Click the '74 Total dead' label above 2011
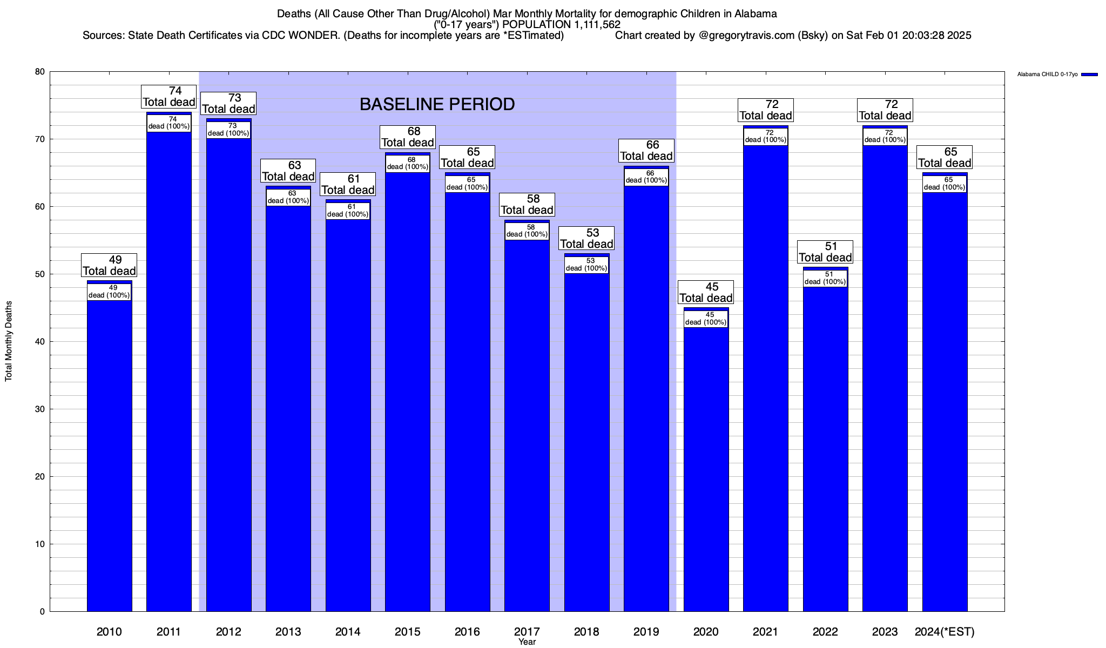point(168,97)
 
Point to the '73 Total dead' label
point(228,103)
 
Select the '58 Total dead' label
point(527,205)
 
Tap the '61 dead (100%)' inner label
point(348,211)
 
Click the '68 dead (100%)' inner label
point(408,163)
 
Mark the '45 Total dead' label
point(706,292)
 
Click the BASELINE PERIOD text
point(437,104)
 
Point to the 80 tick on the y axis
point(40,72)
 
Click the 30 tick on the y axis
point(40,409)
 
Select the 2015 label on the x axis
point(408,632)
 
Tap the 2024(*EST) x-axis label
point(945,632)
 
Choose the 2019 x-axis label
point(646,632)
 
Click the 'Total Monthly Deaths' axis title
point(9,341)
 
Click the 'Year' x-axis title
point(527,642)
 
